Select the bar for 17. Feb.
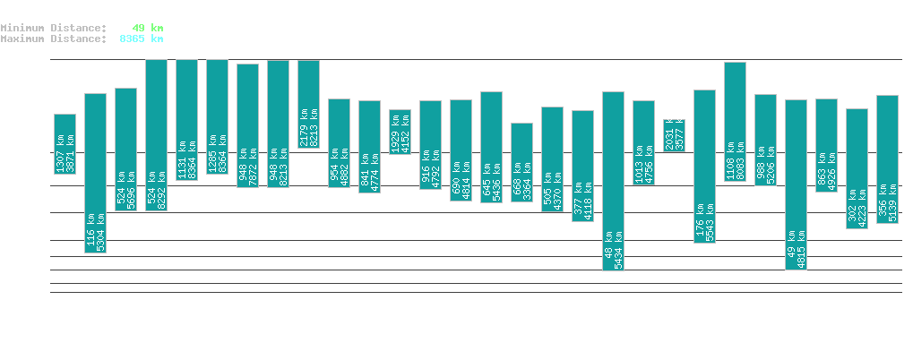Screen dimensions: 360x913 (95, 173)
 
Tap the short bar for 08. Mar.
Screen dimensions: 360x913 (674, 135)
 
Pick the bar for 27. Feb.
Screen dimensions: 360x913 (400, 125)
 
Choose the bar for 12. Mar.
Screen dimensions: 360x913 (796, 184)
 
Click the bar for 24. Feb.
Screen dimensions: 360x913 (308, 104)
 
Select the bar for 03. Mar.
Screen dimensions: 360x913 (521, 162)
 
